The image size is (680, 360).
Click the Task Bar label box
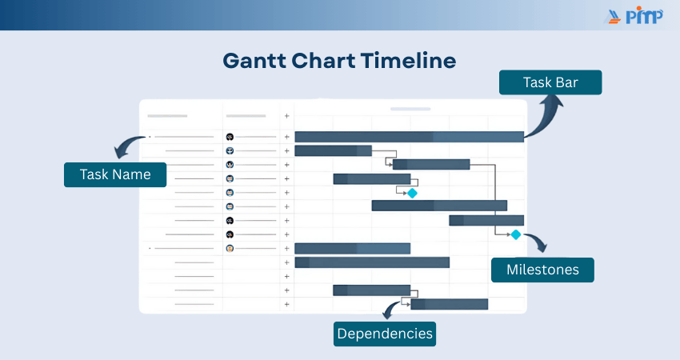550,82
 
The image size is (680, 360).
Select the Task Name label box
115,174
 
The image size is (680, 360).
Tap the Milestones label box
542,270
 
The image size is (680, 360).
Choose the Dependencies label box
385,334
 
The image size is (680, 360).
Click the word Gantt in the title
254,60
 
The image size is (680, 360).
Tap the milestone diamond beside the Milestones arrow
516,234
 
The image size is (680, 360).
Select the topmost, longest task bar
410,137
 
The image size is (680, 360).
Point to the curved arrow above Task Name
127,146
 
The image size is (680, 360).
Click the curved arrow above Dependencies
390,310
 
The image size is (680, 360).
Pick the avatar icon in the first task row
230,137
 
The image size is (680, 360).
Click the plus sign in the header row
286,116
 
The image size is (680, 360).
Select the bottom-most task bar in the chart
450,304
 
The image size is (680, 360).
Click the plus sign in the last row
286,304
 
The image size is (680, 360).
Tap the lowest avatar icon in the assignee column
230,249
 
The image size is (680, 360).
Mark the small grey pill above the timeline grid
410,109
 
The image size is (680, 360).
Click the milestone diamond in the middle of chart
412,193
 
